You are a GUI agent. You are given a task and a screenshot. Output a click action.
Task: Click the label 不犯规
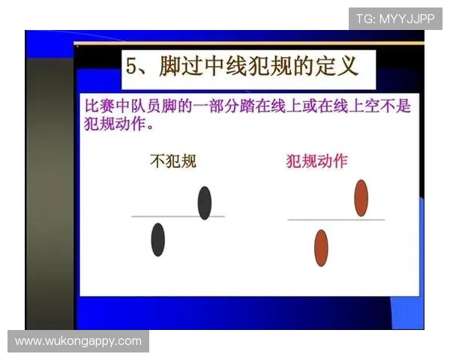[x=173, y=160]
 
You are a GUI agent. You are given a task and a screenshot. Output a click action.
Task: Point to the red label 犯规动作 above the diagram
[x=316, y=160]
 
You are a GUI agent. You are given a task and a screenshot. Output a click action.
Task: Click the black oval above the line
[x=204, y=202]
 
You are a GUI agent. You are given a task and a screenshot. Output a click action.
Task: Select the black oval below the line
[x=157, y=239]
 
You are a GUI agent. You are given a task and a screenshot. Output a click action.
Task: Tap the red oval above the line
[x=361, y=197]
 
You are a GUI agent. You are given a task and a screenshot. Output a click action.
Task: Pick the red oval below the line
[x=321, y=248]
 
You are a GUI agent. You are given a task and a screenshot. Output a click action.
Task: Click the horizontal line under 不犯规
[x=177, y=216]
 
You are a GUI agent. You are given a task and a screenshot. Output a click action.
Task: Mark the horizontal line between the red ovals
[x=335, y=219]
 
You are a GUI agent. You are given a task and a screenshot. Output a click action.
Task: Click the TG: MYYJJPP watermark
[x=395, y=18]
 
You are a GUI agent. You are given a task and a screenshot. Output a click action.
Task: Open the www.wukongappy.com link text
[x=78, y=341]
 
